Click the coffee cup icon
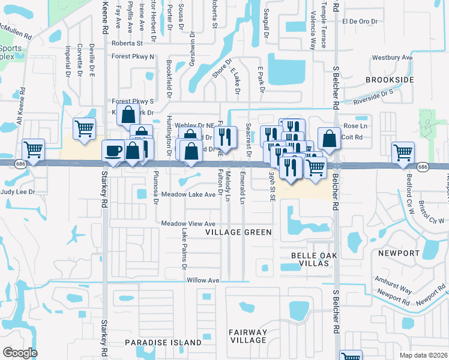[113, 150]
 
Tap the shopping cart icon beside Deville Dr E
[84, 128]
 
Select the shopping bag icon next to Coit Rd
[329, 139]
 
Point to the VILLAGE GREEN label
[238, 232]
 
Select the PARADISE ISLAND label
[163, 343]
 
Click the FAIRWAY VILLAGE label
[247, 336]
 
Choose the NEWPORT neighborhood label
[399, 253]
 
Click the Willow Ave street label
[203, 280]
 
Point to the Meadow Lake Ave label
[188, 195]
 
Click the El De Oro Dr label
[360, 21]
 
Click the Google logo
[20, 352]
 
